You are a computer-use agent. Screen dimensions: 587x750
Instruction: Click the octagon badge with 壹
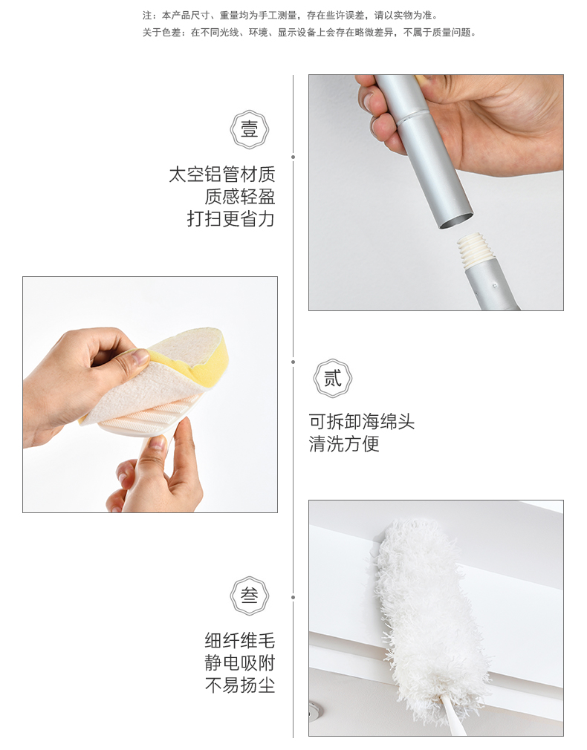click(x=250, y=130)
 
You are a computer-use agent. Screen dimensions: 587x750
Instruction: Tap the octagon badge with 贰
click(x=333, y=379)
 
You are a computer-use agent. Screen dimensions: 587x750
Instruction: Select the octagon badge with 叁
click(x=250, y=596)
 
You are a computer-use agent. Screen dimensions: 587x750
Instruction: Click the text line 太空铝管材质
click(x=222, y=175)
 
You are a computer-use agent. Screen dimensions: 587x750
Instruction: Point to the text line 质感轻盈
click(x=240, y=197)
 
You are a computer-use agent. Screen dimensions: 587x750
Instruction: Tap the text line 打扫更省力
click(x=231, y=219)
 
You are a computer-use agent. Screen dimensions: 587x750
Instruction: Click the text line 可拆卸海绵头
click(x=362, y=422)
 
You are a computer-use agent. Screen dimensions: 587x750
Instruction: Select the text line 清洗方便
click(x=344, y=444)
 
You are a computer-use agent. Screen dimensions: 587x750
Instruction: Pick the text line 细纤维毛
click(x=240, y=640)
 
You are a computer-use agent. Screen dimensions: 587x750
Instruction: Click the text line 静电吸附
click(x=240, y=663)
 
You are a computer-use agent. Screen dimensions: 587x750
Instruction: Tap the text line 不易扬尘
click(x=240, y=685)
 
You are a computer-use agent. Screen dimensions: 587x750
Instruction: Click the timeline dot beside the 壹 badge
click(x=293, y=157)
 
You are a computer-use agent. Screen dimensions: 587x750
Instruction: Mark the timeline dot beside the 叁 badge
click(x=293, y=598)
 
